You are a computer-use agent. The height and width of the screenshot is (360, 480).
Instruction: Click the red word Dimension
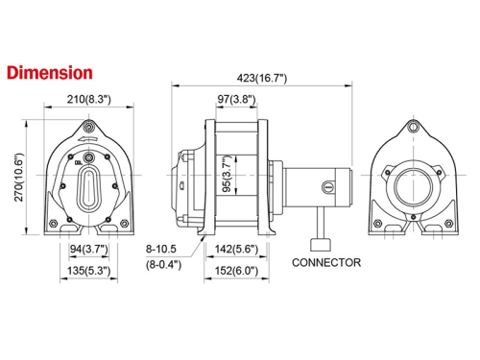click(49, 72)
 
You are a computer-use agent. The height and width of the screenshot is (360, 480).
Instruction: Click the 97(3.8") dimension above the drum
click(236, 99)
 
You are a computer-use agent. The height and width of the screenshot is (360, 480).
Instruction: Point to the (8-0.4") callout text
click(165, 265)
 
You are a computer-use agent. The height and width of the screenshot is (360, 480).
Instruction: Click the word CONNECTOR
click(326, 262)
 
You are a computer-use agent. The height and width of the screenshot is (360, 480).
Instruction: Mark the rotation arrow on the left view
click(88, 140)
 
